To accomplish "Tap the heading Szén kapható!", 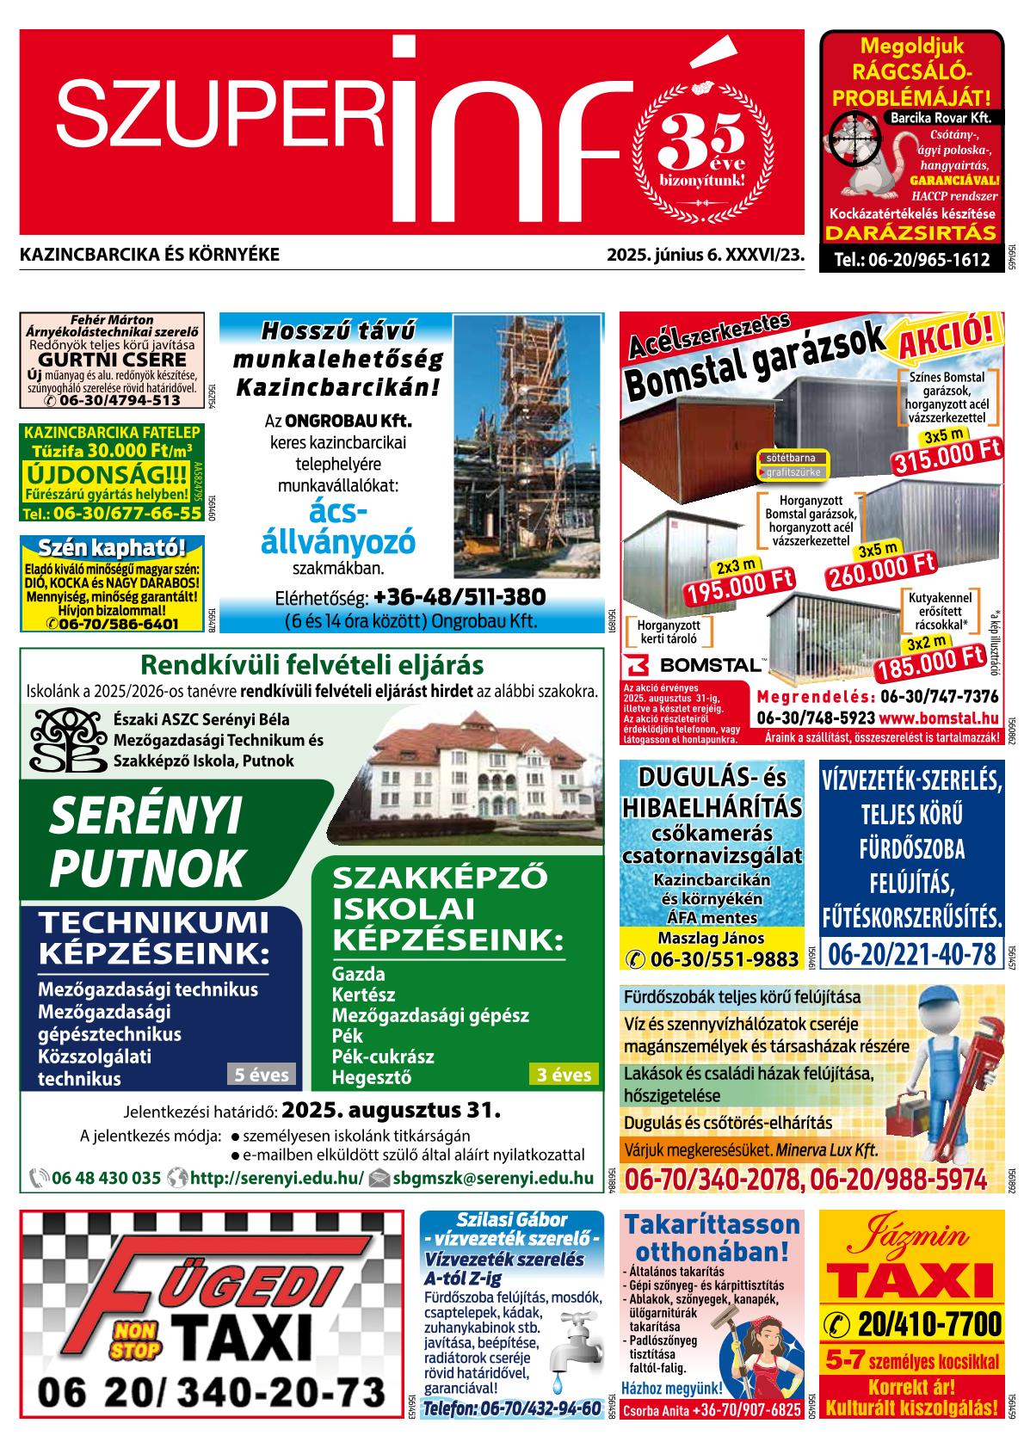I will (112, 548).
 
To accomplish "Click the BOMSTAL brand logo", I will (693, 664).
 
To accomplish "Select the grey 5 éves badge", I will (262, 1074).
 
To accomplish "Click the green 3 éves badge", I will (564, 1074).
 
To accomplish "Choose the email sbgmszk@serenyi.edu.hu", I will (492, 1178).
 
